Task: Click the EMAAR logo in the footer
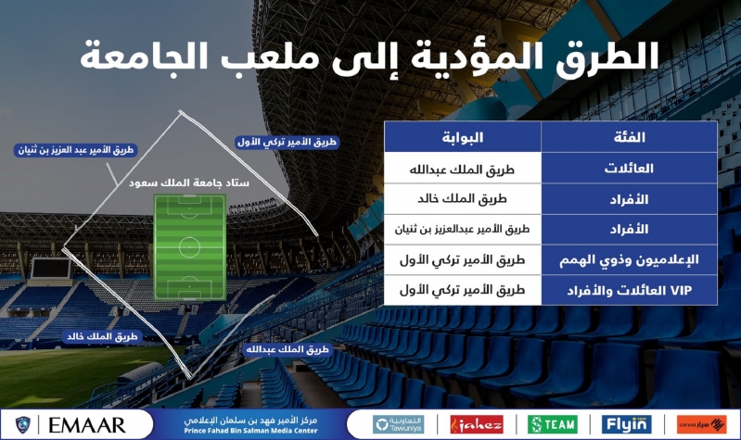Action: [87, 425]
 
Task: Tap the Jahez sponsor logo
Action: [477, 424]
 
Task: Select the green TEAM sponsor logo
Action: [553, 424]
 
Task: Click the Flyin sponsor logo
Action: [627, 424]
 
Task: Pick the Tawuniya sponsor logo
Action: [398, 424]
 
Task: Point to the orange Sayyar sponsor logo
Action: [701, 424]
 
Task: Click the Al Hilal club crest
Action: [22, 425]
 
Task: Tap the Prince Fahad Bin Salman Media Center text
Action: [250, 425]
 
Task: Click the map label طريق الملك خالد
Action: [102, 336]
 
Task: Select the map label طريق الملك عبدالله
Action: [287, 349]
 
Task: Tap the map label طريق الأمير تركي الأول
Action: [287, 142]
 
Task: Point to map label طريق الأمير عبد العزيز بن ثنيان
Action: [76, 150]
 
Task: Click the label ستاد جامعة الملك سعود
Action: [189, 182]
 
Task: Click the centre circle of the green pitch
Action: [189, 247]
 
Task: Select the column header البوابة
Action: [462, 137]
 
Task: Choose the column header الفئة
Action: [629, 137]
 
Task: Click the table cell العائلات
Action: [629, 169]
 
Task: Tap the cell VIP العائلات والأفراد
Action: [629, 290]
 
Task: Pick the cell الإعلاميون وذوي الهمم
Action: [629, 260]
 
